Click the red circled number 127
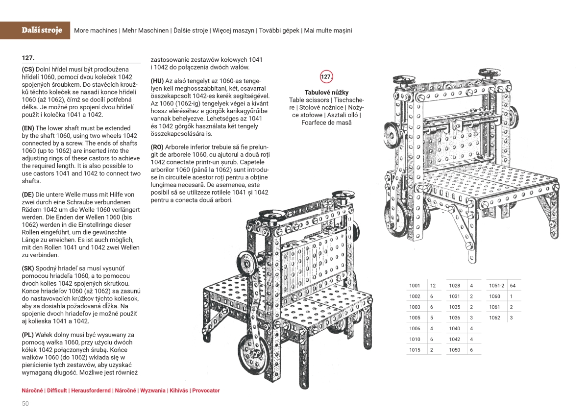(x=326, y=77)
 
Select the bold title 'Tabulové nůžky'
(x=326, y=92)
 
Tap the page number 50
(x=25, y=403)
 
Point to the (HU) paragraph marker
(x=157, y=81)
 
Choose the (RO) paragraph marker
(x=157, y=147)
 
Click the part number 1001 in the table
(x=415, y=285)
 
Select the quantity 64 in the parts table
(x=513, y=285)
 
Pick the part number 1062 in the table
(x=494, y=318)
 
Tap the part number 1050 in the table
(x=454, y=350)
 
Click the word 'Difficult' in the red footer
(x=57, y=391)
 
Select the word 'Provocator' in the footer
(x=206, y=391)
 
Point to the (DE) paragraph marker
(x=28, y=194)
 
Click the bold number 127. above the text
(x=28, y=57)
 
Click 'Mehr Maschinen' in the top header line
(x=146, y=30)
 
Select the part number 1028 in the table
(x=454, y=285)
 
